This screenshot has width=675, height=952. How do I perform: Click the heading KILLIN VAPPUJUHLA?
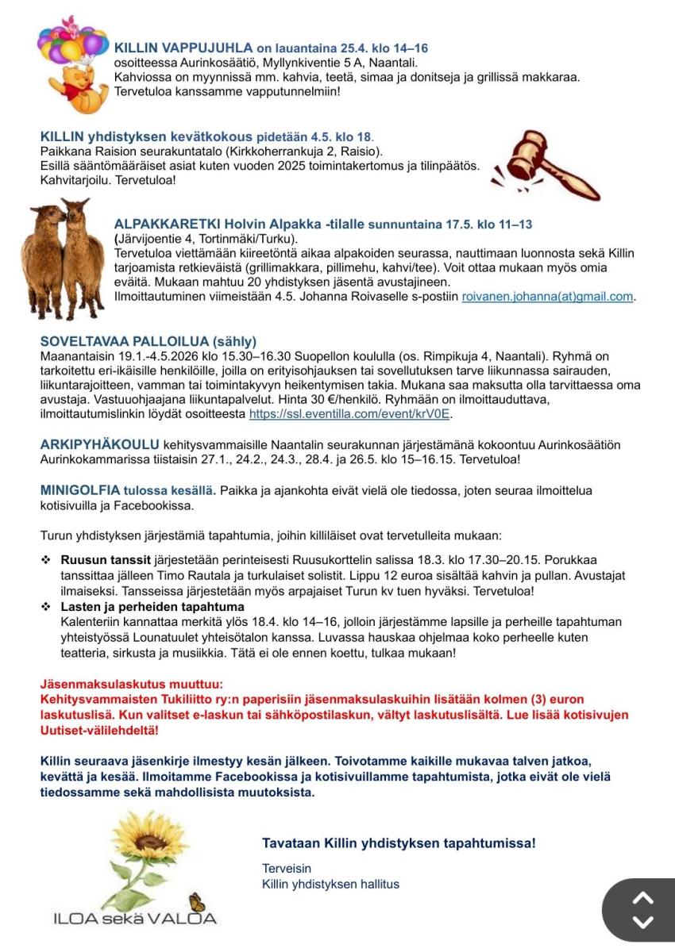coord(183,48)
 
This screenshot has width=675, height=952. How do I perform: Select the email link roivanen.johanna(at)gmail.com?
coord(548,297)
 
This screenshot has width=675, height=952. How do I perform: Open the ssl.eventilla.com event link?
coord(350,414)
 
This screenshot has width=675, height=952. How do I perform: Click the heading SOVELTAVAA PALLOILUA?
coord(148,342)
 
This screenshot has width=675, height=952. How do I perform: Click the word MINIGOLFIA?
coord(80,489)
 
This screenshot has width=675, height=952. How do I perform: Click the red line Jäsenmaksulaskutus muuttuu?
coord(132,684)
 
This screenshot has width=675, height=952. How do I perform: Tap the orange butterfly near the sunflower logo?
coord(196,903)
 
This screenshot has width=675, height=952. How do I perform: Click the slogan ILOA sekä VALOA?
coord(134,919)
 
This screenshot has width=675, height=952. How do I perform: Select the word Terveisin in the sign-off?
coord(287,869)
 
